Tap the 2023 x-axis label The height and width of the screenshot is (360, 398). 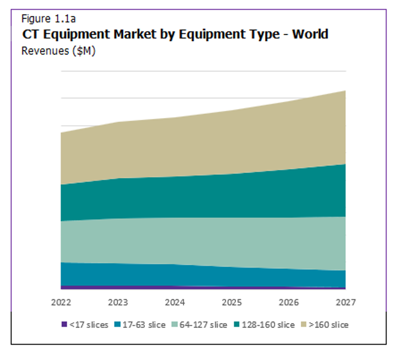tap(117, 302)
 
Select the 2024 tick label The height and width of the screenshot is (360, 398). tap(175, 302)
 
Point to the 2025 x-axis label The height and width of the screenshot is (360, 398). tap(231, 302)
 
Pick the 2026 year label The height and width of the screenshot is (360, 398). tap(288, 302)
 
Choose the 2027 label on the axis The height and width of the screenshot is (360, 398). tap(345, 302)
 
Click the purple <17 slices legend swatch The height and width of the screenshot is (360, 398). tap(64, 325)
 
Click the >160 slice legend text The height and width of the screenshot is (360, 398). tap(329, 325)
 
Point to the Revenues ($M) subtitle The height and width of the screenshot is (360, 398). tap(58, 51)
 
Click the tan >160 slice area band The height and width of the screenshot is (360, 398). tap(203, 143)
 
